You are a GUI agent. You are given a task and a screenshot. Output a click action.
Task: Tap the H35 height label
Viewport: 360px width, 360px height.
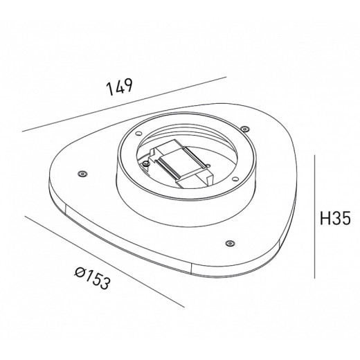point(334,220)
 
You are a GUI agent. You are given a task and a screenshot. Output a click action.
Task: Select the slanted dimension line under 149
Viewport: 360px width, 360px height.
point(125,103)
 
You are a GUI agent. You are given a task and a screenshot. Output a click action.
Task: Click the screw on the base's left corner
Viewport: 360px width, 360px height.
point(82,172)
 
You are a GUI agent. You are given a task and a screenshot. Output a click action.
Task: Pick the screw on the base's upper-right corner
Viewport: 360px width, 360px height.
point(244,128)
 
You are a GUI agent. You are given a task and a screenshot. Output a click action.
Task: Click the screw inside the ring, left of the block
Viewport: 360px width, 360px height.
point(147,165)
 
